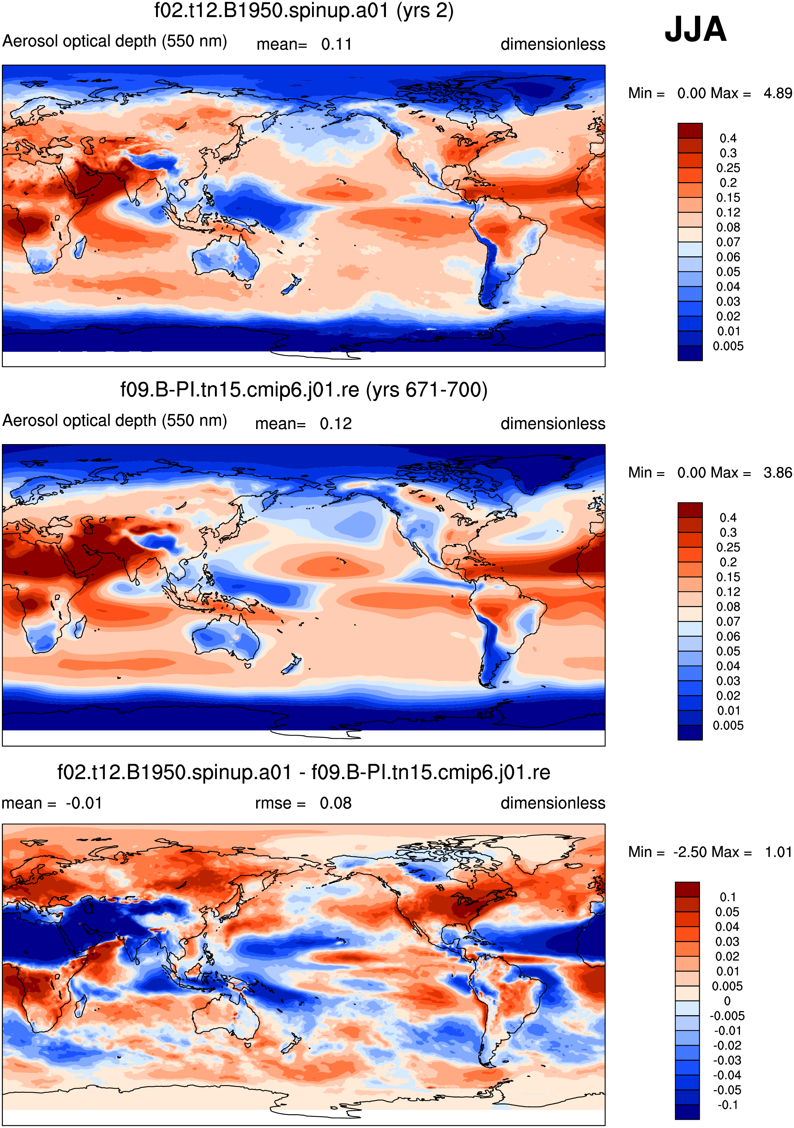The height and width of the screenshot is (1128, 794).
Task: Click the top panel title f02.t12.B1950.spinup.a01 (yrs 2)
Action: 304,10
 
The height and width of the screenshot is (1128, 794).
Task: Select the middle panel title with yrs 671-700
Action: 304,390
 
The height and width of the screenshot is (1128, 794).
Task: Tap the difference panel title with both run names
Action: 304,772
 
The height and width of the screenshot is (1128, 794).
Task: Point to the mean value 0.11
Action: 337,44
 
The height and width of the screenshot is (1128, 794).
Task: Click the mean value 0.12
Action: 336,423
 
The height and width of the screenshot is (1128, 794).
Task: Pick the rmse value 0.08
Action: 336,803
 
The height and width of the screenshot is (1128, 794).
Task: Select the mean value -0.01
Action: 84,803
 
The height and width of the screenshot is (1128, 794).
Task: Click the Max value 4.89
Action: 778,93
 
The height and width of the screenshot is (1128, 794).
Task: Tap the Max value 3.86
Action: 778,472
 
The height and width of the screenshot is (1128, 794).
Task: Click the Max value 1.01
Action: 779,851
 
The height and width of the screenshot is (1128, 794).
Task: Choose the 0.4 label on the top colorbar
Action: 728,138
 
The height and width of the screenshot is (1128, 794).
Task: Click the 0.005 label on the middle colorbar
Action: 728,725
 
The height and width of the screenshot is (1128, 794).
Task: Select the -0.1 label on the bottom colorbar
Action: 728,1105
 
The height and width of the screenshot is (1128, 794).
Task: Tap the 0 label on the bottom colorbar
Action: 727,1001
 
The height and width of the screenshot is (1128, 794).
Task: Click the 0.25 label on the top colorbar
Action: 728,168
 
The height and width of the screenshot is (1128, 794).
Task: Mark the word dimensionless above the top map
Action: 552,44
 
